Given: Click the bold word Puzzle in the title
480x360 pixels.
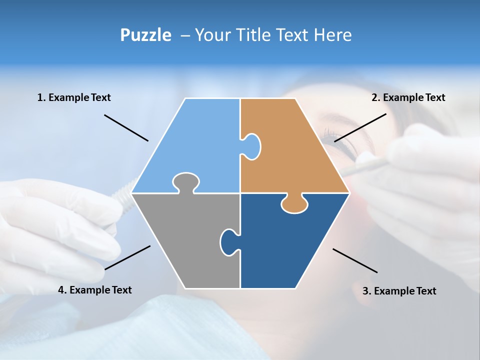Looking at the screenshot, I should point(145,35).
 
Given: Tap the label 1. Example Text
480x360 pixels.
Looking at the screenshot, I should point(74,97).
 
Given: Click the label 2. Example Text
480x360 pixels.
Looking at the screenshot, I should point(408,97).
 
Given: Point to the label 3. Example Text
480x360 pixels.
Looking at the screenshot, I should point(399,291).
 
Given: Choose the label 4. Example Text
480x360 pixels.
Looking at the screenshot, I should point(95,290).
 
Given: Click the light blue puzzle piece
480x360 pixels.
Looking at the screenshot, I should point(195,145).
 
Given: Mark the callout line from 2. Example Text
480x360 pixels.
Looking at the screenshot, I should point(360,127).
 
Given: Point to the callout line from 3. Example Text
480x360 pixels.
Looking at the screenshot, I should point(355,260).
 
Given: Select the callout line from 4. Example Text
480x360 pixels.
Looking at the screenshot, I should point(127,257).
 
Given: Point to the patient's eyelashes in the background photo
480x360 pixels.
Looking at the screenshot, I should point(332,135).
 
